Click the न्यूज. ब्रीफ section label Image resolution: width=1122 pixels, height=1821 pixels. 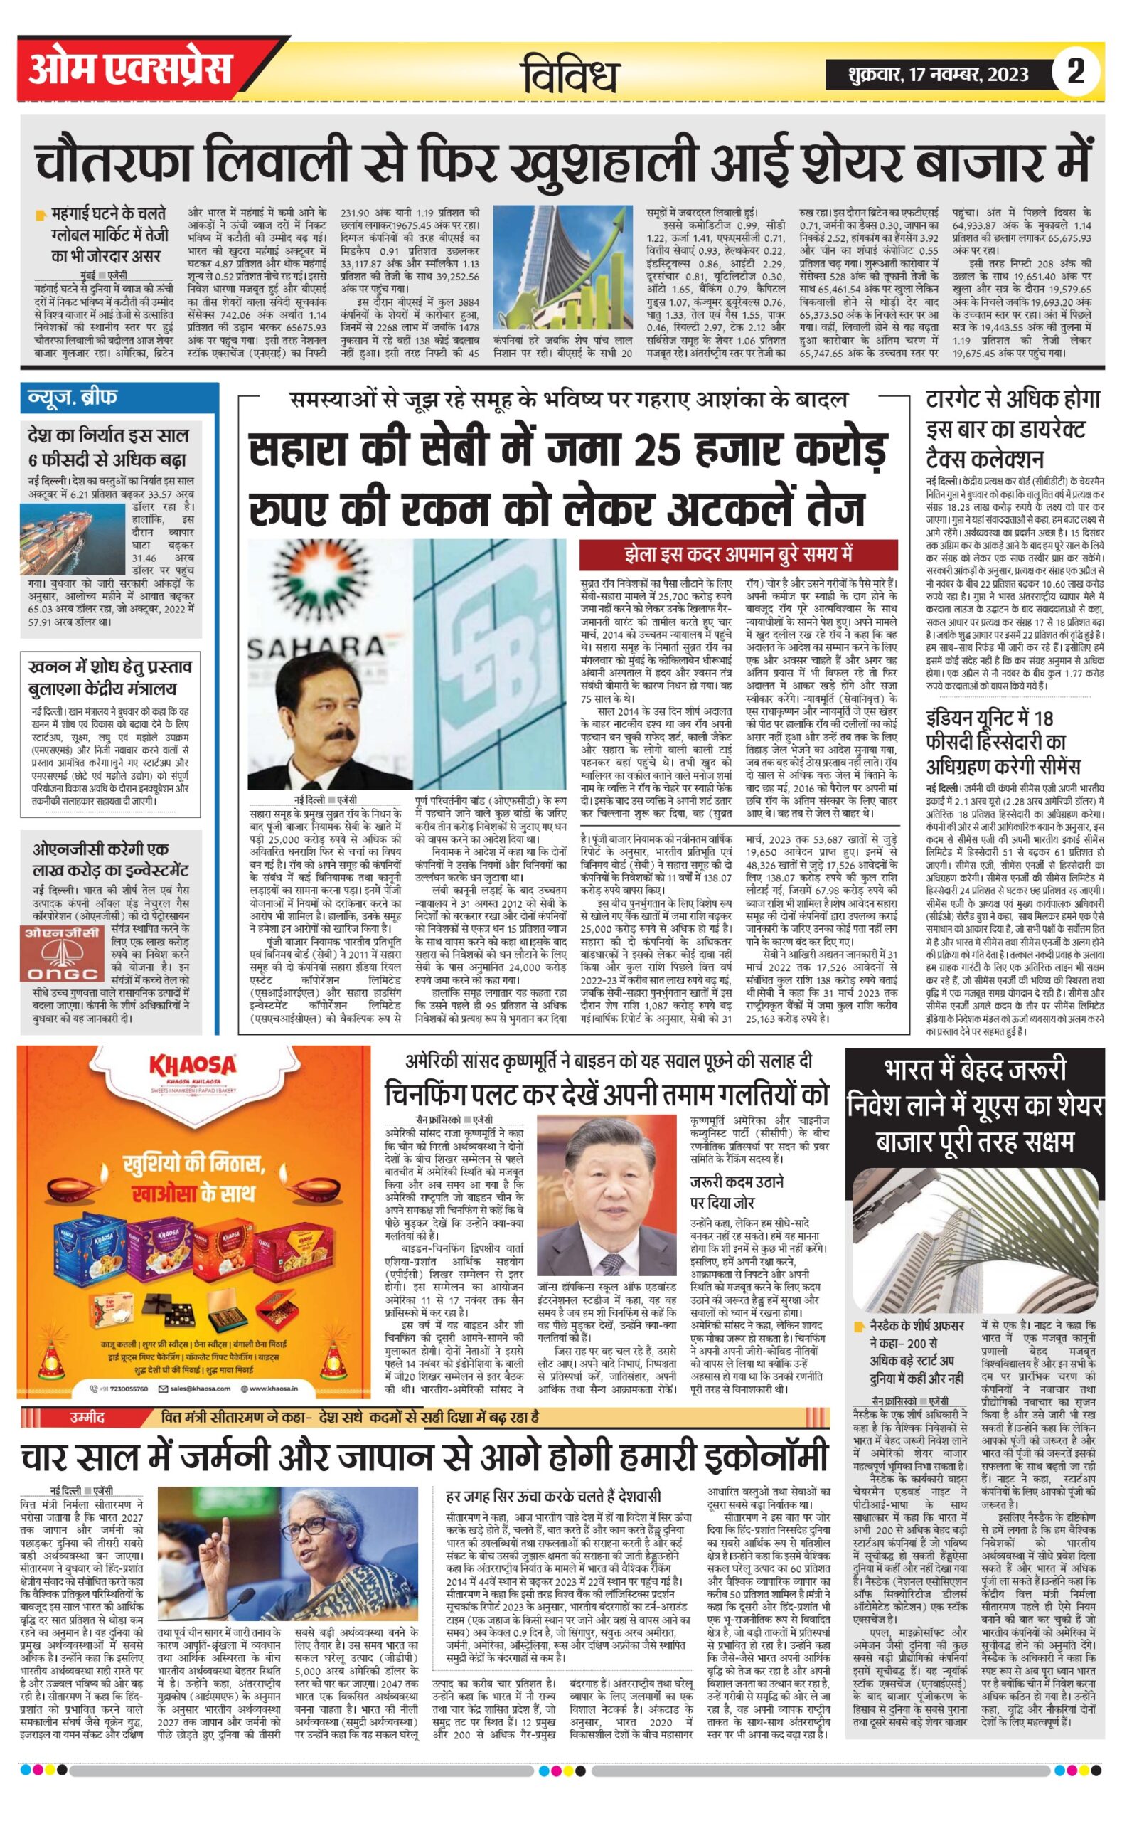[73, 397]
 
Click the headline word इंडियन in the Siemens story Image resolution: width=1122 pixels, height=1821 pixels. [958, 718]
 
